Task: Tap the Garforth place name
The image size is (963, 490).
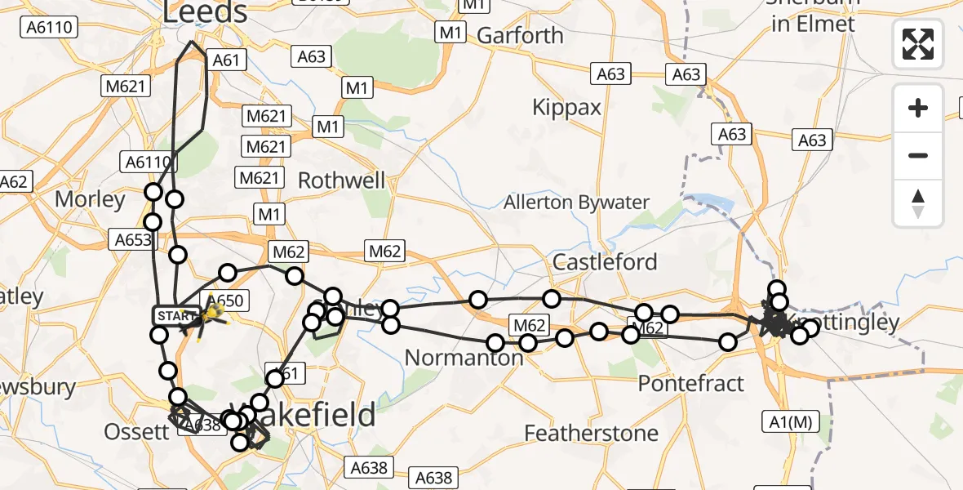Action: tap(520, 36)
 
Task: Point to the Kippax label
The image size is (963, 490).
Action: tap(566, 107)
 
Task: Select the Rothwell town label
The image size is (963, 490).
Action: tap(341, 180)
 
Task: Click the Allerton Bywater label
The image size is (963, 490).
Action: tap(576, 203)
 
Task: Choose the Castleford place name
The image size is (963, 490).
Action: tap(605, 262)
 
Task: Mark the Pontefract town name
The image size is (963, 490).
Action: tap(691, 383)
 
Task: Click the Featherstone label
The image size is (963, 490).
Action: tap(592, 433)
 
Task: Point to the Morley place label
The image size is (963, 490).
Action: tap(90, 199)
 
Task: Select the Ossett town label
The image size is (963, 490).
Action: tap(136, 432)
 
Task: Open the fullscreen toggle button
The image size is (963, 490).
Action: tap(918, 43)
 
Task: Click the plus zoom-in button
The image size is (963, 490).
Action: tap(918, 108)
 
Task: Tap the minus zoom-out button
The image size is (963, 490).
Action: tap(918, 155)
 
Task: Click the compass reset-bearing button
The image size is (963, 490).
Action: tap(918, 203)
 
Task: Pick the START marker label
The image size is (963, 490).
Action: tap(175, 315)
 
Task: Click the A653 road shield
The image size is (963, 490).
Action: tap(131, 239)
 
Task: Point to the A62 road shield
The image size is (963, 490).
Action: tap(14, 181)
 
